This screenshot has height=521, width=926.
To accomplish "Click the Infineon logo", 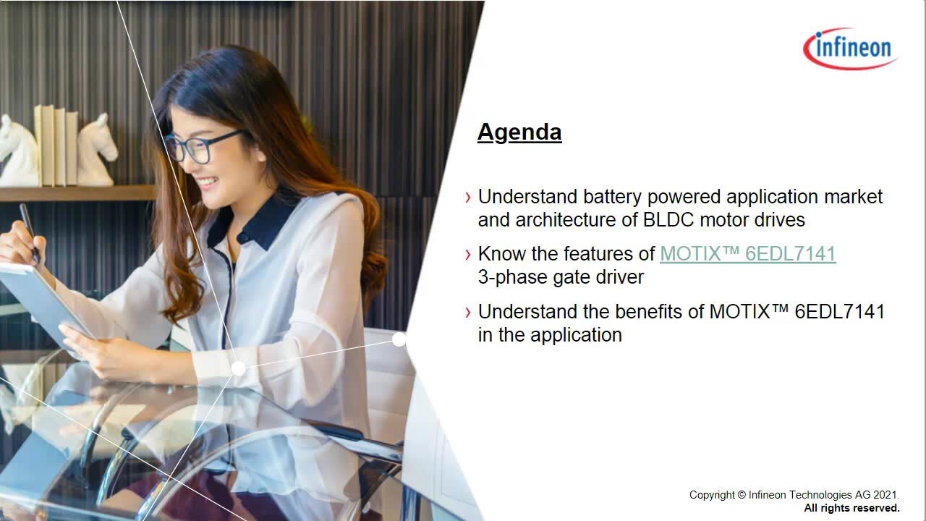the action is pos(851,48).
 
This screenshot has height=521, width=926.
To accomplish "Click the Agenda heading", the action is pos(519,132).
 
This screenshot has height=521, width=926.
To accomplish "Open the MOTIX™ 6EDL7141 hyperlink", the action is pos(748,253).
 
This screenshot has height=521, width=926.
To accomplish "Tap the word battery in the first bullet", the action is pos(612,197).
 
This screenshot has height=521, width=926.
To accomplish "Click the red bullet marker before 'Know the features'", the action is pos(467,254).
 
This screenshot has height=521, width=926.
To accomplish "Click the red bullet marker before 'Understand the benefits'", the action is pos(467,312).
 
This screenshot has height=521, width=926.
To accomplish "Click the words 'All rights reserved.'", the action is pos(851,508).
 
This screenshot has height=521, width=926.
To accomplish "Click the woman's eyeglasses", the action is pos(203,145).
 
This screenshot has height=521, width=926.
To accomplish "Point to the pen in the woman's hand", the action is pos(30,232).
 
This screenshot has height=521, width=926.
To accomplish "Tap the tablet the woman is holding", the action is pos(43,304).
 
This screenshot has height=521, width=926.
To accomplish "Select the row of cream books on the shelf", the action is pos(56,145).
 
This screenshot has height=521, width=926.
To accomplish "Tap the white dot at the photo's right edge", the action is pos(399,339).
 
